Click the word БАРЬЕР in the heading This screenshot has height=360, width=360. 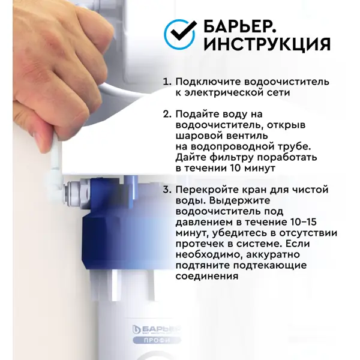click(239, 26)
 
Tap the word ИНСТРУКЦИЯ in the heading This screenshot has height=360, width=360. click(267, 44)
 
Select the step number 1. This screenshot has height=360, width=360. click(167, 82)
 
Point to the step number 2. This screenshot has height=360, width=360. click(167, 114)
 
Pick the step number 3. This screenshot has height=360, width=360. click(167, 190)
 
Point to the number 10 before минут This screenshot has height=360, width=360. click(235, 168)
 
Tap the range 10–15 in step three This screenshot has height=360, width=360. click(304, 222)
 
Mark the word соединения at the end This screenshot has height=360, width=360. click(207, 276)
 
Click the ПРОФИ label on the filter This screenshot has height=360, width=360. click(157, 340)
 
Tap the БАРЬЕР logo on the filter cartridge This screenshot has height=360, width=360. click(157, 329)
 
